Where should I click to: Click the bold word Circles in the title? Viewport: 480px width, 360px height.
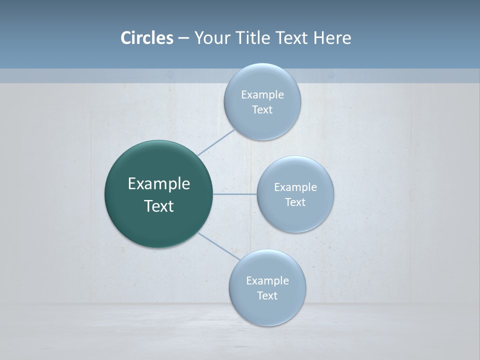pos(147,38)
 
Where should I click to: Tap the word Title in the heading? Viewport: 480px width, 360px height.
pos(253,38)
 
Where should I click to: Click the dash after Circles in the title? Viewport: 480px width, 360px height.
pos(183,38)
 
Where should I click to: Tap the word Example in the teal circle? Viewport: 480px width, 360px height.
pos(159,184)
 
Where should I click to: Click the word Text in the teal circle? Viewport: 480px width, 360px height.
pos(159,206)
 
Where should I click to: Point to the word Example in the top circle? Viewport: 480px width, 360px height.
pos(262,95)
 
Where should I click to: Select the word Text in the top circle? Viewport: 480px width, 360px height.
pos(262,110)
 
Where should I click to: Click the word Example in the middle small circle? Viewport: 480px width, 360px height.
pos(295,187)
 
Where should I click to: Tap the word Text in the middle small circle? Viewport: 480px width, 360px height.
pos(295,202)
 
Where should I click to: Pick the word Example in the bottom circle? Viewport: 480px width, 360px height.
pos(267,281)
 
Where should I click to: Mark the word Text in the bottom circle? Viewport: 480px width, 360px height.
pos(267,295)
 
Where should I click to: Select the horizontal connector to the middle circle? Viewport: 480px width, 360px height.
pos(235,194)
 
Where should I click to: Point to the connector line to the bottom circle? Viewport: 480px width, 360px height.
pos(218,246)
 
